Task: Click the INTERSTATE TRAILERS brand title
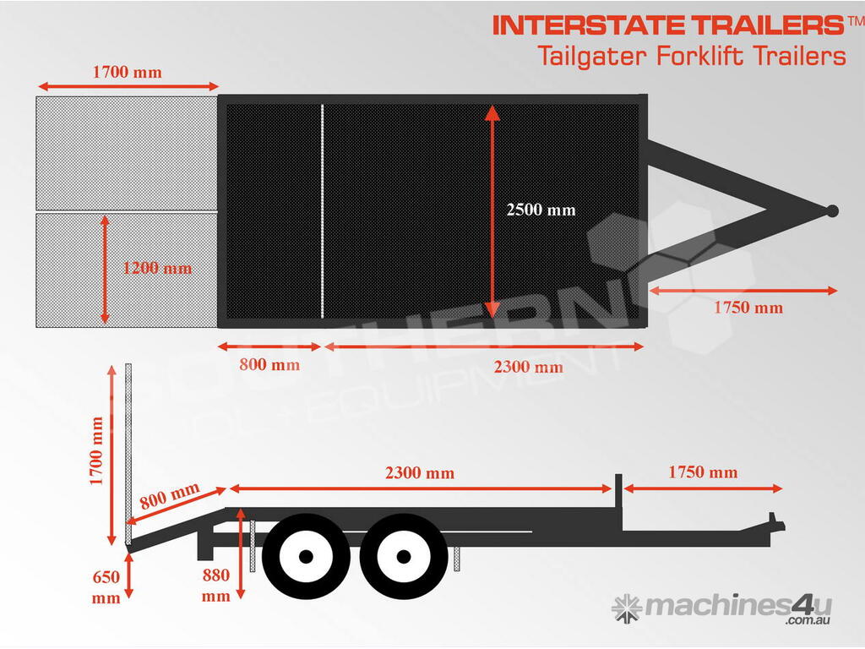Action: [668, 25]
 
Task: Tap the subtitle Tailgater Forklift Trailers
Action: [692, 57]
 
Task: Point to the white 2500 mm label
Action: [541, 210]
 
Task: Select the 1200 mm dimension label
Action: [157, 268]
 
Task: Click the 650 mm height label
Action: [106, 586]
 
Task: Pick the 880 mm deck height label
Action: [215, 585]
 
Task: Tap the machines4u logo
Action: [721, 608]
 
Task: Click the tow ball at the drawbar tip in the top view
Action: [832, 210]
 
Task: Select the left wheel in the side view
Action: [306, 556]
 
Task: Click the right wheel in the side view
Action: [403, 556]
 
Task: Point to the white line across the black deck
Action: [322, 210]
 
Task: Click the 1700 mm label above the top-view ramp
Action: [128, 72]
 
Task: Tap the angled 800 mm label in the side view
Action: [169, 495]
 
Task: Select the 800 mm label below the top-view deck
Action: [269, 364]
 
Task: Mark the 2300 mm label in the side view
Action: [420, 473]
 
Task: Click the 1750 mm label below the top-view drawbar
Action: [748, 308]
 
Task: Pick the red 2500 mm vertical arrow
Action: [492, 211]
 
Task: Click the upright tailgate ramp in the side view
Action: [128, 454]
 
